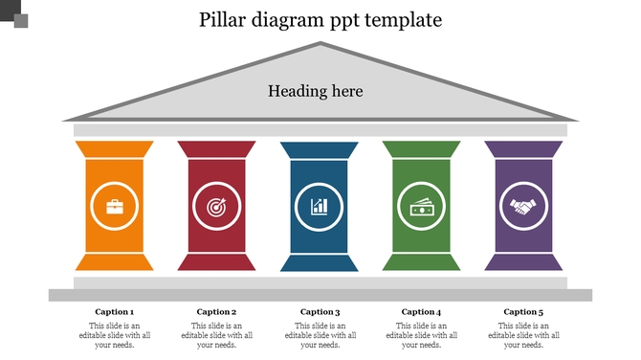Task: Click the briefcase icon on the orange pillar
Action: (x=114, y=206)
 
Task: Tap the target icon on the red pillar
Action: (x=216, y=206)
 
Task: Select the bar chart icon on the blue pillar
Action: (x=319, y=206)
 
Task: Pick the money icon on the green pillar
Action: (x=421, y=206)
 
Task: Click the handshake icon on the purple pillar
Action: (x=523, y=206)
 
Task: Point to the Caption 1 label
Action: (x=114, y=311)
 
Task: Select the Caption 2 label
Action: (x=216, y=311)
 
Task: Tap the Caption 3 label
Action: (x=320, y=311)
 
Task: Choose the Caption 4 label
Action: (x=421, y=311)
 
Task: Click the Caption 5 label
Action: (x=523, y=311)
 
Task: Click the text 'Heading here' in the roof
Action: (x=315, y=92)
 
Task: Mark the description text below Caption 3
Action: (x=320, y=335)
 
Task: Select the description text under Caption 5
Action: (x=523, y=335)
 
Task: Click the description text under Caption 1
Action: (x=114, y=335)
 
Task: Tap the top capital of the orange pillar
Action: (x=114, y=149)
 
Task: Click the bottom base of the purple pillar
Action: (x=523, y=262)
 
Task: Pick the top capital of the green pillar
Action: (x=421, y=149)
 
